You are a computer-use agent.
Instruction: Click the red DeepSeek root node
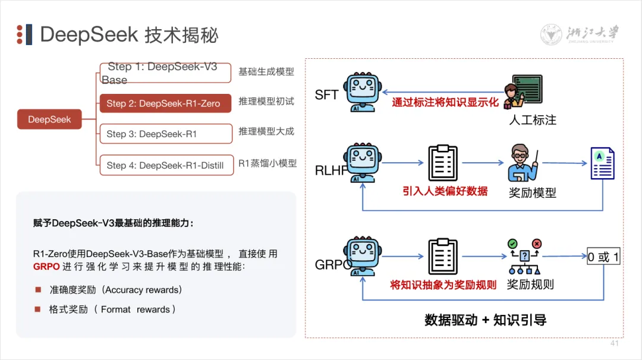coord(49,119)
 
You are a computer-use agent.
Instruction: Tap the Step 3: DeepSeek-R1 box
coord(165,134)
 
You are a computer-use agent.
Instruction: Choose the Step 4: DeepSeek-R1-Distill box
coord(165,165)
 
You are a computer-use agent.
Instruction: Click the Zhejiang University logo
coord(580,34)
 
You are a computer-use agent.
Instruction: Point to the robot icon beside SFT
coord(362,92)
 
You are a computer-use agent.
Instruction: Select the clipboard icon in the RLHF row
coord(443,163)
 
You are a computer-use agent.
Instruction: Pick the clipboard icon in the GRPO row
coord(443,257)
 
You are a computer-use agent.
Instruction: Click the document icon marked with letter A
coord(602,163)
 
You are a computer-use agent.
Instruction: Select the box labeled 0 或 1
coord(603,257)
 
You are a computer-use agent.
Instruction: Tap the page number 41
coord(615,343)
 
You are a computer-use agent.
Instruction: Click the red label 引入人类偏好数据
coord(445,191)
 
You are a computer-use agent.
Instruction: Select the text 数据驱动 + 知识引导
coord(485,320)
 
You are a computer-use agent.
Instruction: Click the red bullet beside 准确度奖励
coord(38,290)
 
